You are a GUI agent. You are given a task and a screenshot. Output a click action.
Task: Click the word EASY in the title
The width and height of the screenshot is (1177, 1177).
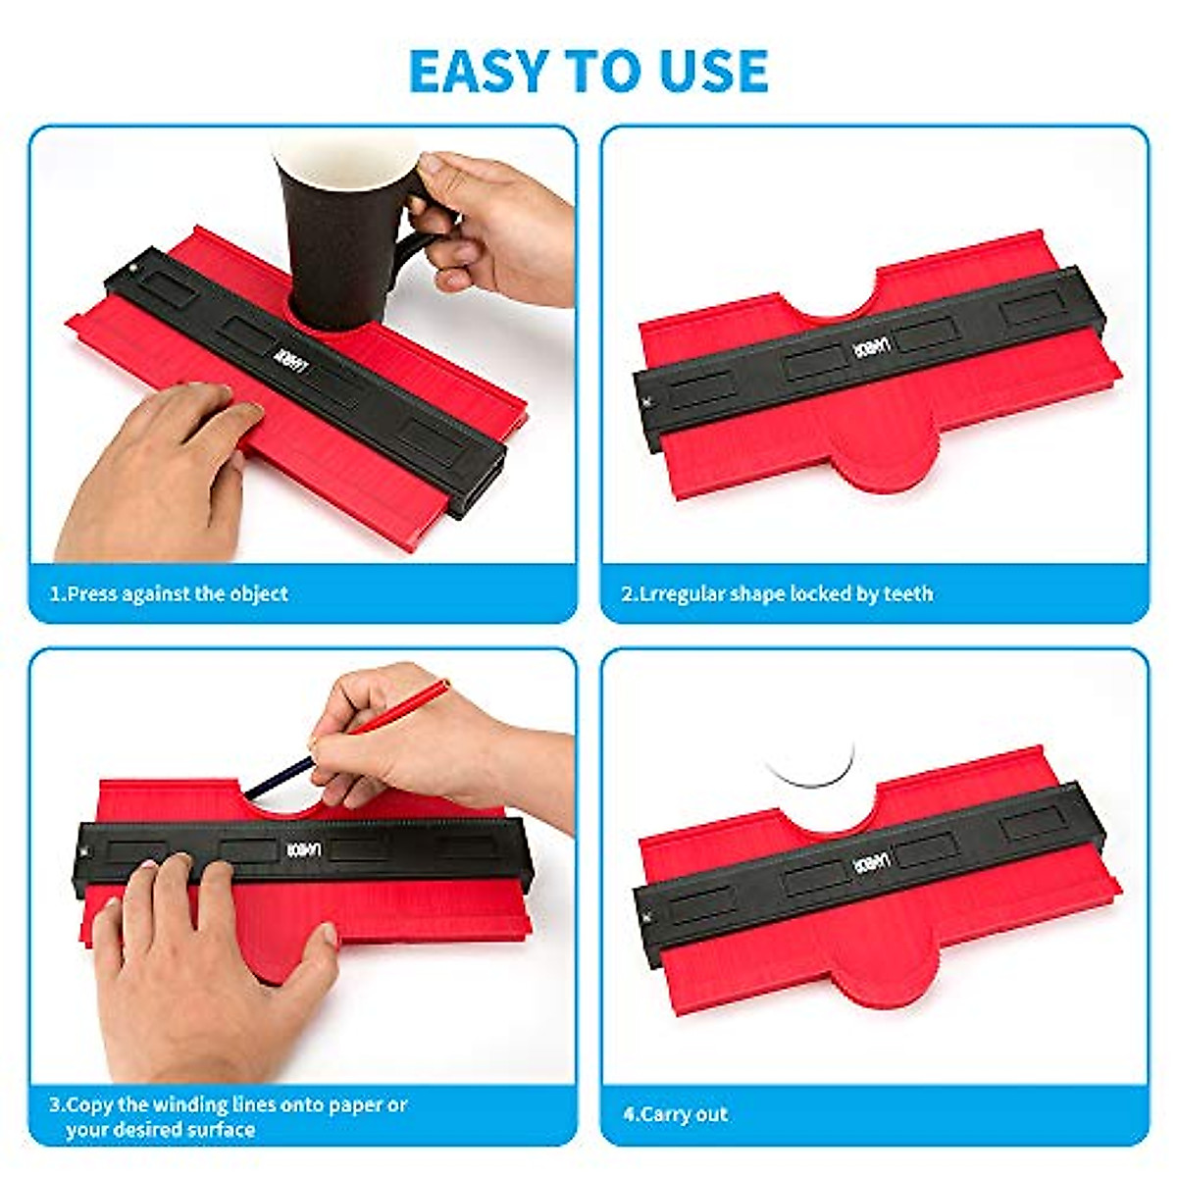coord(478,71)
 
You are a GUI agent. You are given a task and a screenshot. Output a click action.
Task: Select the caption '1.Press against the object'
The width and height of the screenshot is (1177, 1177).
coord(170,593)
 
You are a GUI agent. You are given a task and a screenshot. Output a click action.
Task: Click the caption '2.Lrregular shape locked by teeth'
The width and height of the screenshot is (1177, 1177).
coord(778,593)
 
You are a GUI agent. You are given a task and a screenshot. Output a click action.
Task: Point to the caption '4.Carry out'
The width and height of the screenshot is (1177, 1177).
coord(676,1114)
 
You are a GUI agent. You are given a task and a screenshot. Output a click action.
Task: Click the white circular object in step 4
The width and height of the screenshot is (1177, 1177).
coord(811,761)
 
